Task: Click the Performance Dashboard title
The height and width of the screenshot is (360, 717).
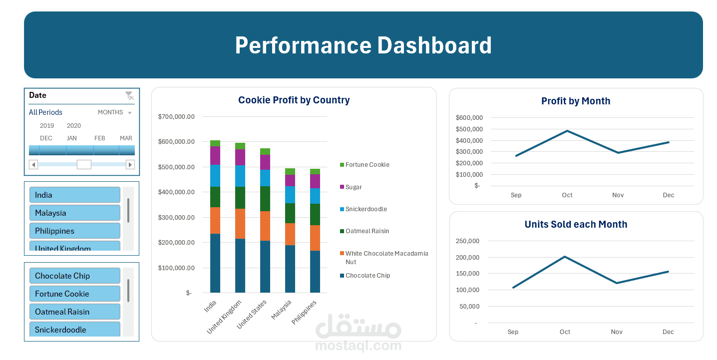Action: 363,45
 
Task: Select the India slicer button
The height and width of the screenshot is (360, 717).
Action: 75,195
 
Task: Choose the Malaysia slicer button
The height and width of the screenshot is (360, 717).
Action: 75,213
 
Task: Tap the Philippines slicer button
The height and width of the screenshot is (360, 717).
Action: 75,231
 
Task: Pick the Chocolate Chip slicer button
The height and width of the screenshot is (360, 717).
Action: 75,276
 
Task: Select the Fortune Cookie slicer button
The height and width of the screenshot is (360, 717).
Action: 75,294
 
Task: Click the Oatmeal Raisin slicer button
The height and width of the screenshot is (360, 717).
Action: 75,312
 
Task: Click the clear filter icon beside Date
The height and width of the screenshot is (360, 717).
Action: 129,95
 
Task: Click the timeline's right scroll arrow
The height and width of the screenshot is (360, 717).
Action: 130,164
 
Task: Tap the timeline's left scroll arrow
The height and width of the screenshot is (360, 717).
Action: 33,164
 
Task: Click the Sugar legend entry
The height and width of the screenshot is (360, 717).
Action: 354,187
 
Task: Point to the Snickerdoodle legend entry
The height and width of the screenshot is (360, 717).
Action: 365,209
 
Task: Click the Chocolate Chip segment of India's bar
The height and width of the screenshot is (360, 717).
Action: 215,263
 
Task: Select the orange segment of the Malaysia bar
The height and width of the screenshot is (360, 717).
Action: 290,234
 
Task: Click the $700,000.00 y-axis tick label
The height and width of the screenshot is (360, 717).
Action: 176,117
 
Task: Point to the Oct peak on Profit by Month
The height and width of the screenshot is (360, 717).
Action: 567,131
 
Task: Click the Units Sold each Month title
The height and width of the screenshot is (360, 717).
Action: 576,225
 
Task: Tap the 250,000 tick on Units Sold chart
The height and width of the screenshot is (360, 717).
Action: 468,241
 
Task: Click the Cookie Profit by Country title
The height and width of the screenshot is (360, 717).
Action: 294,100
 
